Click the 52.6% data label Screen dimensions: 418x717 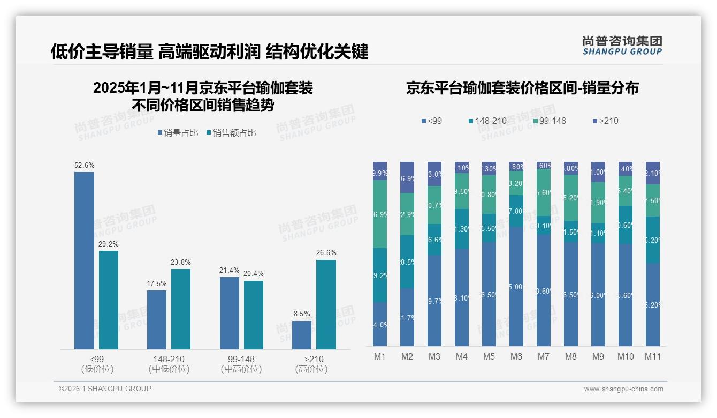pyautogui.click(x=84, y=166)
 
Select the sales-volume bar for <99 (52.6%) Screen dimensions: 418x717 pyautogui.click(x=84, y=260)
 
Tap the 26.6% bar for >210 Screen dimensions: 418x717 pyautogui.click(x=326, y=304)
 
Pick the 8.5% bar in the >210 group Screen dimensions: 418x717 pyautogui.click(x=302, y=335)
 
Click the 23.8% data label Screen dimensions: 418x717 pyautogui.click(x=181, y=263)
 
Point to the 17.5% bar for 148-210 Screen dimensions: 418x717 pyautogui.click(x=157, y=319)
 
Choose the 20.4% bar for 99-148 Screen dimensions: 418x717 pyautogui.click(x=254, y=315)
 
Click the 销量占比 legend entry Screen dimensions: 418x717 pyautogui.click(x=180, y=133)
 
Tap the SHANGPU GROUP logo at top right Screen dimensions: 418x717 pyautogui.click(x=622, y=45)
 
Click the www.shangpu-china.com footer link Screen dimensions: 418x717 pyautogui.click(x=623, y=389)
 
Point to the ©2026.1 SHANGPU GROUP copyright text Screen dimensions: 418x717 pyautogui.click(x=105, y=389)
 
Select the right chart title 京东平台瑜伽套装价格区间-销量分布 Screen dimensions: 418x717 pyautogui.click(x=522, y=88)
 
